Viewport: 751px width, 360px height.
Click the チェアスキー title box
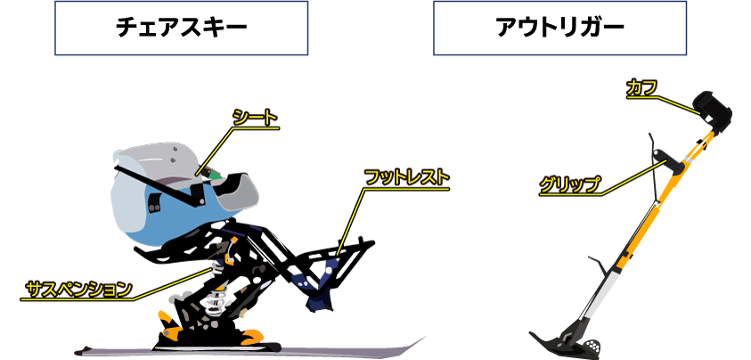[x=181, y=28]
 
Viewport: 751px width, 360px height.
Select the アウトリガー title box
[x=559, y=28]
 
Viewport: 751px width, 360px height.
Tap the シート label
[x=256, y=118]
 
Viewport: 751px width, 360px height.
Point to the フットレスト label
[x=407, y=177]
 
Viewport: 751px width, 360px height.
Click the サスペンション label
[x=79, y=289]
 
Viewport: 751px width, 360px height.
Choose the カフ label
[x=641, y=88]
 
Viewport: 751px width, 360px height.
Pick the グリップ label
[x=569, y=184]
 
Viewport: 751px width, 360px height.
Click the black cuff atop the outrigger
[x=712, y=110]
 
